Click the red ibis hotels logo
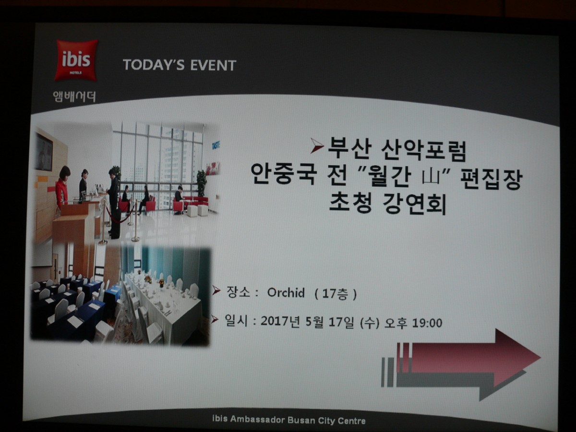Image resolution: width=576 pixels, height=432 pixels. pos(76,60)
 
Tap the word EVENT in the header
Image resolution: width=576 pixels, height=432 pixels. pos(213,65)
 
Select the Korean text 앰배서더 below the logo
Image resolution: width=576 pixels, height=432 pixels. pos(74,96)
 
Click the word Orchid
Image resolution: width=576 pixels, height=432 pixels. pos(286,293)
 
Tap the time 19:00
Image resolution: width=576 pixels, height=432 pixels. pos(427,323)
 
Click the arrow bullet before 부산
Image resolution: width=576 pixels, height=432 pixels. pos(317,145)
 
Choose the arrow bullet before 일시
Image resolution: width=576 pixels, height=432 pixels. pos(215,319)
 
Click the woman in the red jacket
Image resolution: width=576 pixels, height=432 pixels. pos(62,187)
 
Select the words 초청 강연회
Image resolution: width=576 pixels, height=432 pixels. pos(387,204)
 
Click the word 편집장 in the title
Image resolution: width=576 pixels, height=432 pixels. pos(491,179)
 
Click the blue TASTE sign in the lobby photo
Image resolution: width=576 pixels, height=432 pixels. pos(216,145)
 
